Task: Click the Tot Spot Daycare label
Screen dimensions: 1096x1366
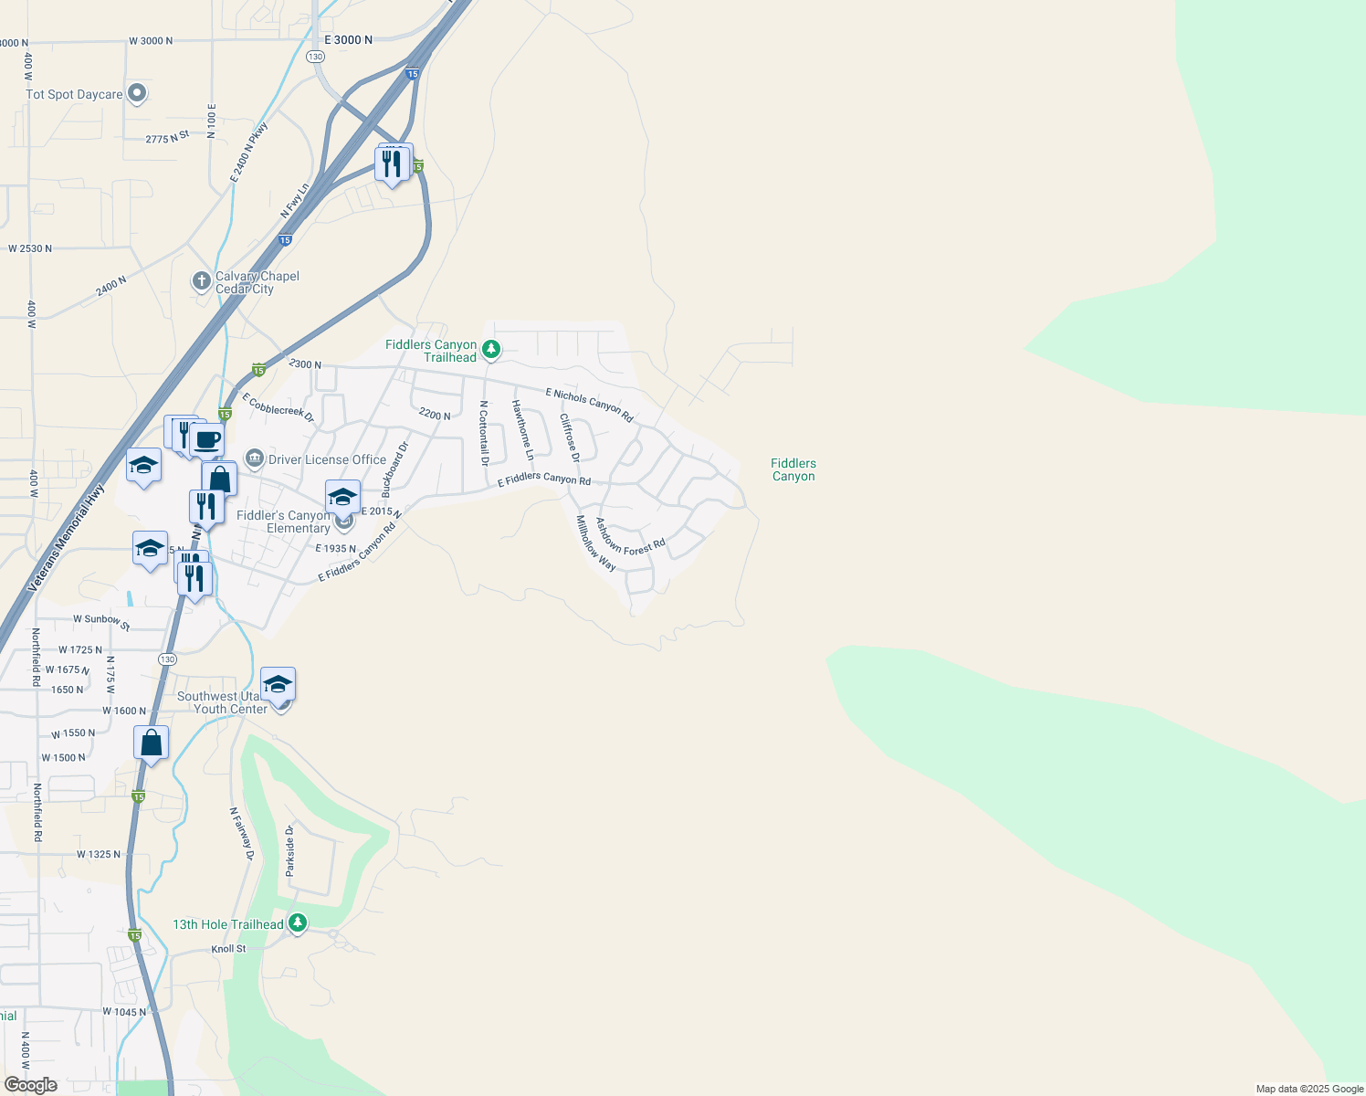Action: pos(74,95)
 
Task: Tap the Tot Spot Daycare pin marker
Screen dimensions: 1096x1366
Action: pos(138,92)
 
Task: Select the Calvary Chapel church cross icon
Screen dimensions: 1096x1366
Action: pos(202,281)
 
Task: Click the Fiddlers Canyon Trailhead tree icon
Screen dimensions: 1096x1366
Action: pos(491,349)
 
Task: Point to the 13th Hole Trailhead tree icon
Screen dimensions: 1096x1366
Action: pos(298,923)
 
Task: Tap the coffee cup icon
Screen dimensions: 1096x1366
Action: pos(207,441)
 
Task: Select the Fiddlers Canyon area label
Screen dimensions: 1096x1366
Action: pos(793,469)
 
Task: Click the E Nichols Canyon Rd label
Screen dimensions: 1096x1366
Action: pos(589,405)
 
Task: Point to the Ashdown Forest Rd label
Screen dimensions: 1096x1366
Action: pos(630,537)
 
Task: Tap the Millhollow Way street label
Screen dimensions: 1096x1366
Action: pos(595,543)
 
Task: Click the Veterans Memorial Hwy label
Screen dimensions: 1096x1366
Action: pos(67,538)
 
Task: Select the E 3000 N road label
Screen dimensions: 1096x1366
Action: pos(349,40)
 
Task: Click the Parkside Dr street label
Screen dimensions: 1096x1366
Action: pos(290,850)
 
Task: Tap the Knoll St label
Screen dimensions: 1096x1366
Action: pos(228,949)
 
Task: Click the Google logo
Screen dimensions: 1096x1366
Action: pos(31,1085)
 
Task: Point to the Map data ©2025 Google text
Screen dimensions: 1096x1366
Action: pos(1309,1089)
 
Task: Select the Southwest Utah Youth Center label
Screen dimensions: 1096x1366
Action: pos(222,702)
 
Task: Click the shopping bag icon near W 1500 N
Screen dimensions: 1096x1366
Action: pos(152,743)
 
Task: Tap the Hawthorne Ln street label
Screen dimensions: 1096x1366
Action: pos(522,429)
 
